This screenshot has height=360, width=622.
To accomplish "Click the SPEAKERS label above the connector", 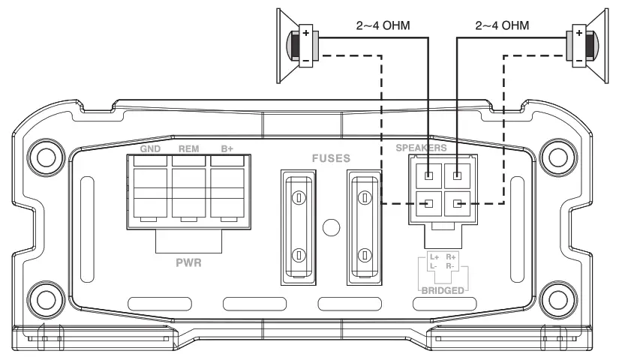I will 422,148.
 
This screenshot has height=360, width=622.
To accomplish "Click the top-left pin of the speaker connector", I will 428,177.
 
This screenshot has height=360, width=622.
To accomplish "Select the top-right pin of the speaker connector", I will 456,177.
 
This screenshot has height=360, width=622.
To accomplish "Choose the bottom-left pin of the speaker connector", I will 428,203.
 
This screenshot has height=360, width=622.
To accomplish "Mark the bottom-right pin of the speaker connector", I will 456,203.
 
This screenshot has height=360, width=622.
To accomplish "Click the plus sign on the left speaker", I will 307,33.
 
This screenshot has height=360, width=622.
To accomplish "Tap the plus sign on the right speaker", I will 578,33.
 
